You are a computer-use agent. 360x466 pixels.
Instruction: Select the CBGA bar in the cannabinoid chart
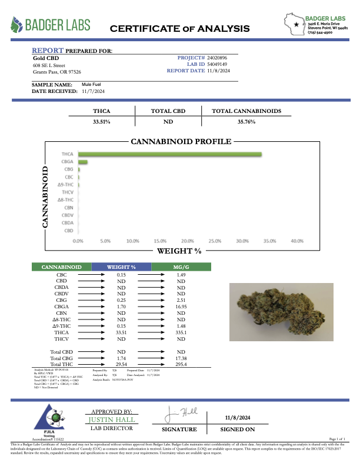82,162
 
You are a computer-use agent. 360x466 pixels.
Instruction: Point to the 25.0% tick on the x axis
215,241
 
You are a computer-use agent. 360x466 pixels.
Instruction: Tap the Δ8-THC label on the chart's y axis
65,200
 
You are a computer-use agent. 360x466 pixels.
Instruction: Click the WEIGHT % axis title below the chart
179,251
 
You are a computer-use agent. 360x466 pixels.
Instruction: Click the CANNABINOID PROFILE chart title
180,142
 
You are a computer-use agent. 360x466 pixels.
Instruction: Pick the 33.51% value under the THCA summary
102,122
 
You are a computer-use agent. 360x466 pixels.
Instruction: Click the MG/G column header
181,267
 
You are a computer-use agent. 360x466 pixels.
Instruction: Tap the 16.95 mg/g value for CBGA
181,306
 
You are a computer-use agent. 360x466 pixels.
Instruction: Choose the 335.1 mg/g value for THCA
181,332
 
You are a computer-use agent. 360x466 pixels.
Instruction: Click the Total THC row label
62,365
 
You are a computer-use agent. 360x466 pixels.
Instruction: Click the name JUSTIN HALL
112,420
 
